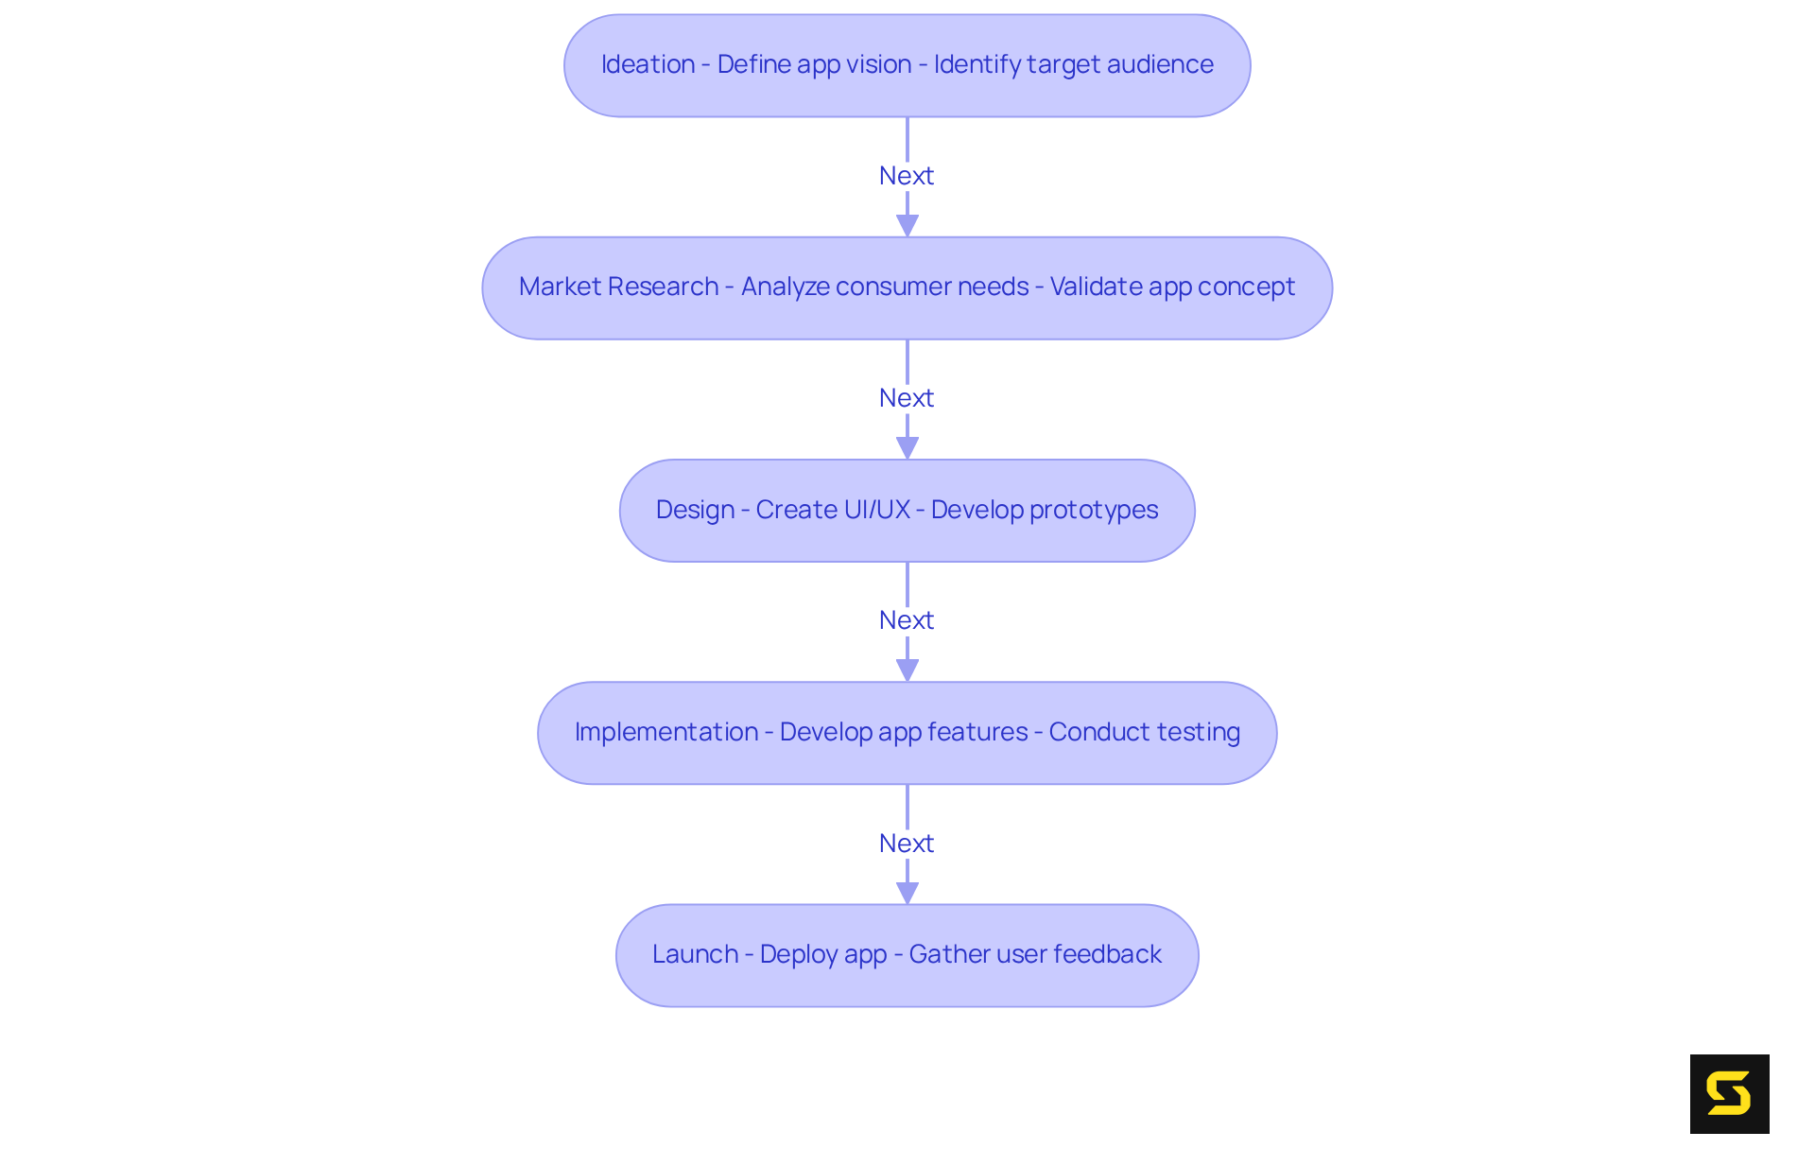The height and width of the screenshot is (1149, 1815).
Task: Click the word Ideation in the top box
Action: pyautogui.click(x=648, y=64)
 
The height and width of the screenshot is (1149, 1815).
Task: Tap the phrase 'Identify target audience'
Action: pyautogui.click(x=1073, y=64)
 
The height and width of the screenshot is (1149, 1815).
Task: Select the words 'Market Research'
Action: pyautogui.click(x=618, y=287)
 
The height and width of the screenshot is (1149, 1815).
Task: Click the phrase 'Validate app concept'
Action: pyautogui.click(x=1172, y=287)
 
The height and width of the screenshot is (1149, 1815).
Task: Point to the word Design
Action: pyautogui.click(x=695, y=510)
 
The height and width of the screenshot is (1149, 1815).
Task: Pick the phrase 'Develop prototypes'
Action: pyautogui.click(x=1044, y=510)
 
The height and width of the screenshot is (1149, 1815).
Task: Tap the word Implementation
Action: pyautogui.click(x=665, y=732)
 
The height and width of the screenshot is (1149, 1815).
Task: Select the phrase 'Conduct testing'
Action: pyautogui.click(x=1144, y=732)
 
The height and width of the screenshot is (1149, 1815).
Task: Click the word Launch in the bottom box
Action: pyautogui.click(x=695, y=954)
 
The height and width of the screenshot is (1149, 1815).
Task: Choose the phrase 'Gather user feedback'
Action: pyautogui.click(x=1035, y=954)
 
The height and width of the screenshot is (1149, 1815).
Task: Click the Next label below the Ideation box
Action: pyautogui.click(x=906, y=176)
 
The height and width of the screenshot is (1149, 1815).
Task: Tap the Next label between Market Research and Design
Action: pyautogui.click(x=906, y=398)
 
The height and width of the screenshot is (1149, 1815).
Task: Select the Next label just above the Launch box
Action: pyautogui.click(x=906, y=844)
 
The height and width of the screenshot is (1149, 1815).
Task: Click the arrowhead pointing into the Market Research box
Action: pyautogui.click(x=907, y=225)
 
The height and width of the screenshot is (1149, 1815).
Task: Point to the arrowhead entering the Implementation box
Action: pyautogui.click(x=907, y=670)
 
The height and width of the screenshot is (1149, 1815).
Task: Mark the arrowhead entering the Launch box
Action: pyautogui.click(x=907, y=893)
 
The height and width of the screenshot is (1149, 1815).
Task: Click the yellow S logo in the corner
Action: pyautogui.click(x=1729, y=1093)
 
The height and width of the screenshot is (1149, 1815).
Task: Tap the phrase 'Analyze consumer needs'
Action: pyautogui.click(x=885, y=287)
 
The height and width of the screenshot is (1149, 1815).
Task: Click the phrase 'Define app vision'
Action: pyautogui.click(x=814, y=64)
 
